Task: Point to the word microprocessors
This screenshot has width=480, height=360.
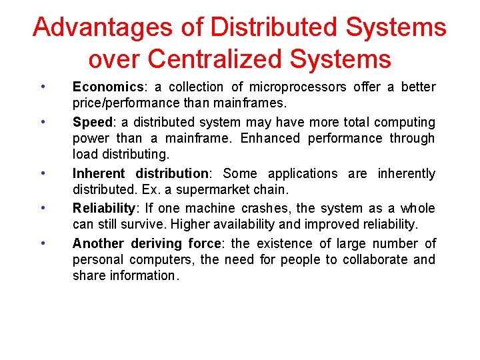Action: tap(298, 87)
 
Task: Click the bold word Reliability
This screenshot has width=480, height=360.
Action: tap(103, 209)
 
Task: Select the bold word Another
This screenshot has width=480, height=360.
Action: tap(99, 244)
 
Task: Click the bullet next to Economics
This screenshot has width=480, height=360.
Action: tap(42, 86)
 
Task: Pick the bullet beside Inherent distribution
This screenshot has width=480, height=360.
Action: tap(42, 173)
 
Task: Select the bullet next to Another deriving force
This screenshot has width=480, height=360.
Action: tap(42, 243)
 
